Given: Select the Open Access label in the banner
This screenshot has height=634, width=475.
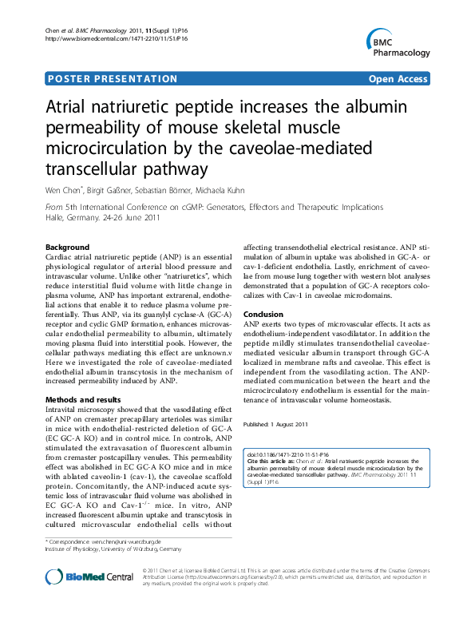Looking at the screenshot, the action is pyautogui.click(x=398, y=79).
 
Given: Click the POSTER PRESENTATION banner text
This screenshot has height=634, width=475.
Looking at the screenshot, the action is pyautogui.click(x=113, y=79).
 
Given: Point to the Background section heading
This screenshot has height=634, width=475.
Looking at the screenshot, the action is pyautogui.click(x=68, y=248).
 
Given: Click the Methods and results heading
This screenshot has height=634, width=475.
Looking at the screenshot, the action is pyautogui.click(x=83, y=399).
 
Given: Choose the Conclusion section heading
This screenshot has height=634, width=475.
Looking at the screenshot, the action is pyautogui.click(x=263, y=315).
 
